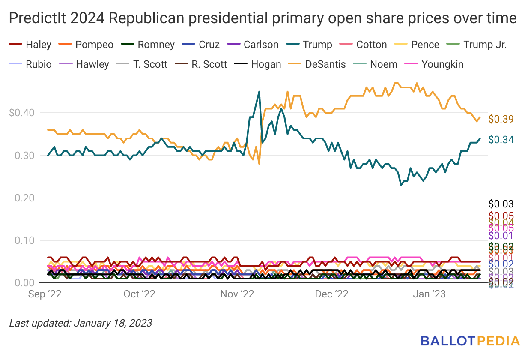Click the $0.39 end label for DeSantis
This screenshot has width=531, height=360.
point(501,119)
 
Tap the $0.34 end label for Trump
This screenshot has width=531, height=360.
point(501,140)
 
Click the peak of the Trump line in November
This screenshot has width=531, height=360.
point(259,92)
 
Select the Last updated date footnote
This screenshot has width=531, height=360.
point(81,323)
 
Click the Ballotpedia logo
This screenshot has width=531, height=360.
point(470,341)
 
